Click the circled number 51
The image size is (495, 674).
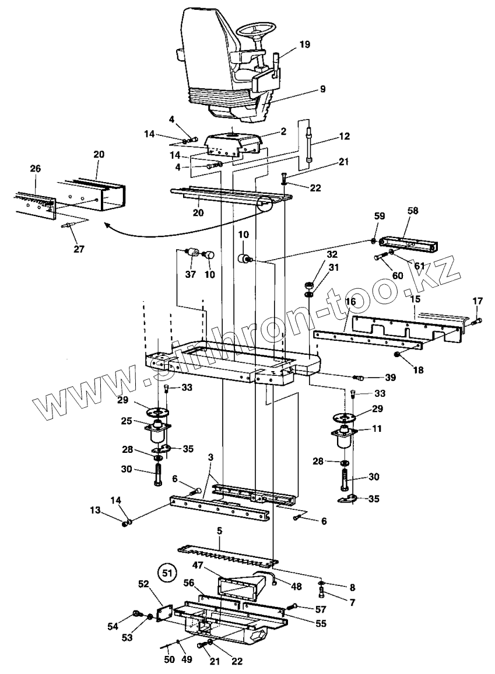pos(167,572)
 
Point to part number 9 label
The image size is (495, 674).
pos(322,89)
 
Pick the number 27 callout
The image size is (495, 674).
pos(78,249)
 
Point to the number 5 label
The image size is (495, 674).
pos(219,532)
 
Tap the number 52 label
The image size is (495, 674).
pos(143,583)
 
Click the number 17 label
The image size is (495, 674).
pos(477,301)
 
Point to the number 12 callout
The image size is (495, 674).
pos(344,136)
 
